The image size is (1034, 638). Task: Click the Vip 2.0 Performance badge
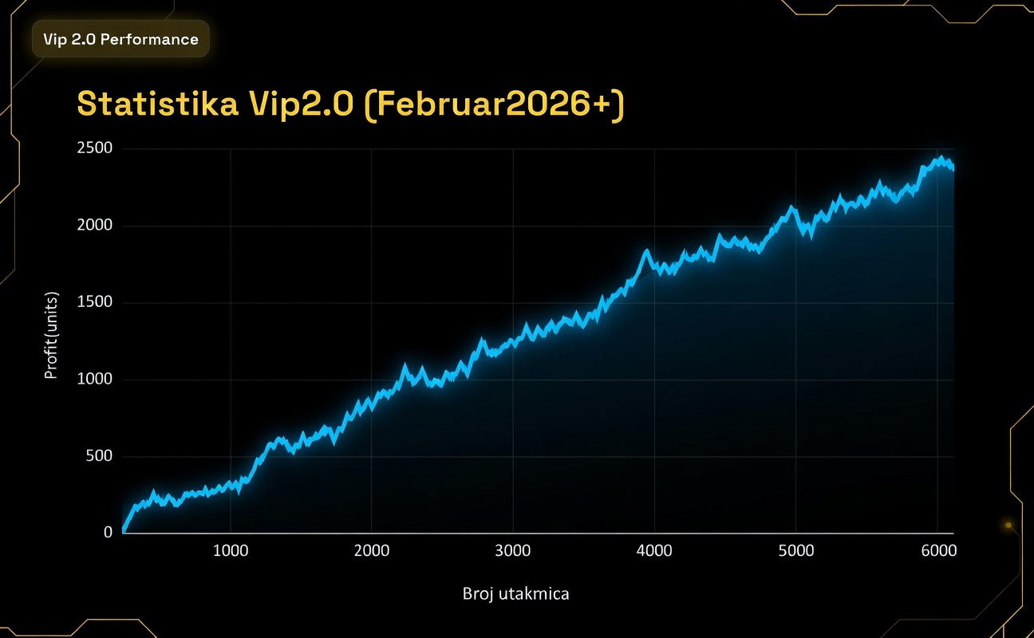click(x=120, y=39)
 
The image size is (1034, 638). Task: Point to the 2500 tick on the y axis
click(x=95, y=148)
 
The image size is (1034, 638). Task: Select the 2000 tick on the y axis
click(x=95, y=226)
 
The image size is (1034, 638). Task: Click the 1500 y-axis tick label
click(x=95, y=302)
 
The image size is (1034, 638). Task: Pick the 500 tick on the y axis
click(x=99, y=456)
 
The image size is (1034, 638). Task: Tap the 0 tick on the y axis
click(x=109, y=533)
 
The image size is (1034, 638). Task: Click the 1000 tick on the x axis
click(x=231, y=551)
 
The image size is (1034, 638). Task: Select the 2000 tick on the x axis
click(x=372, y=551)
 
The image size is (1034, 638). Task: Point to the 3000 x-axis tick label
click(x=513, y=551)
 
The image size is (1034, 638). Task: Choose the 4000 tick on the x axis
click(x=654, y=551)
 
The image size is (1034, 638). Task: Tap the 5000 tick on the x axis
click(x=796, y=551)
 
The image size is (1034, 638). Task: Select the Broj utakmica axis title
click(x=516, y=594)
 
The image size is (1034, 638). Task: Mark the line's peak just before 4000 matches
click(x=646, y=251)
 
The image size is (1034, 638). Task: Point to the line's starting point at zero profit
click(x=124, y=531)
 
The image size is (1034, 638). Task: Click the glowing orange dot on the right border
click(x=1008, y=525)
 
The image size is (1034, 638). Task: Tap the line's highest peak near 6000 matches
click(x=941, y=158)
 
